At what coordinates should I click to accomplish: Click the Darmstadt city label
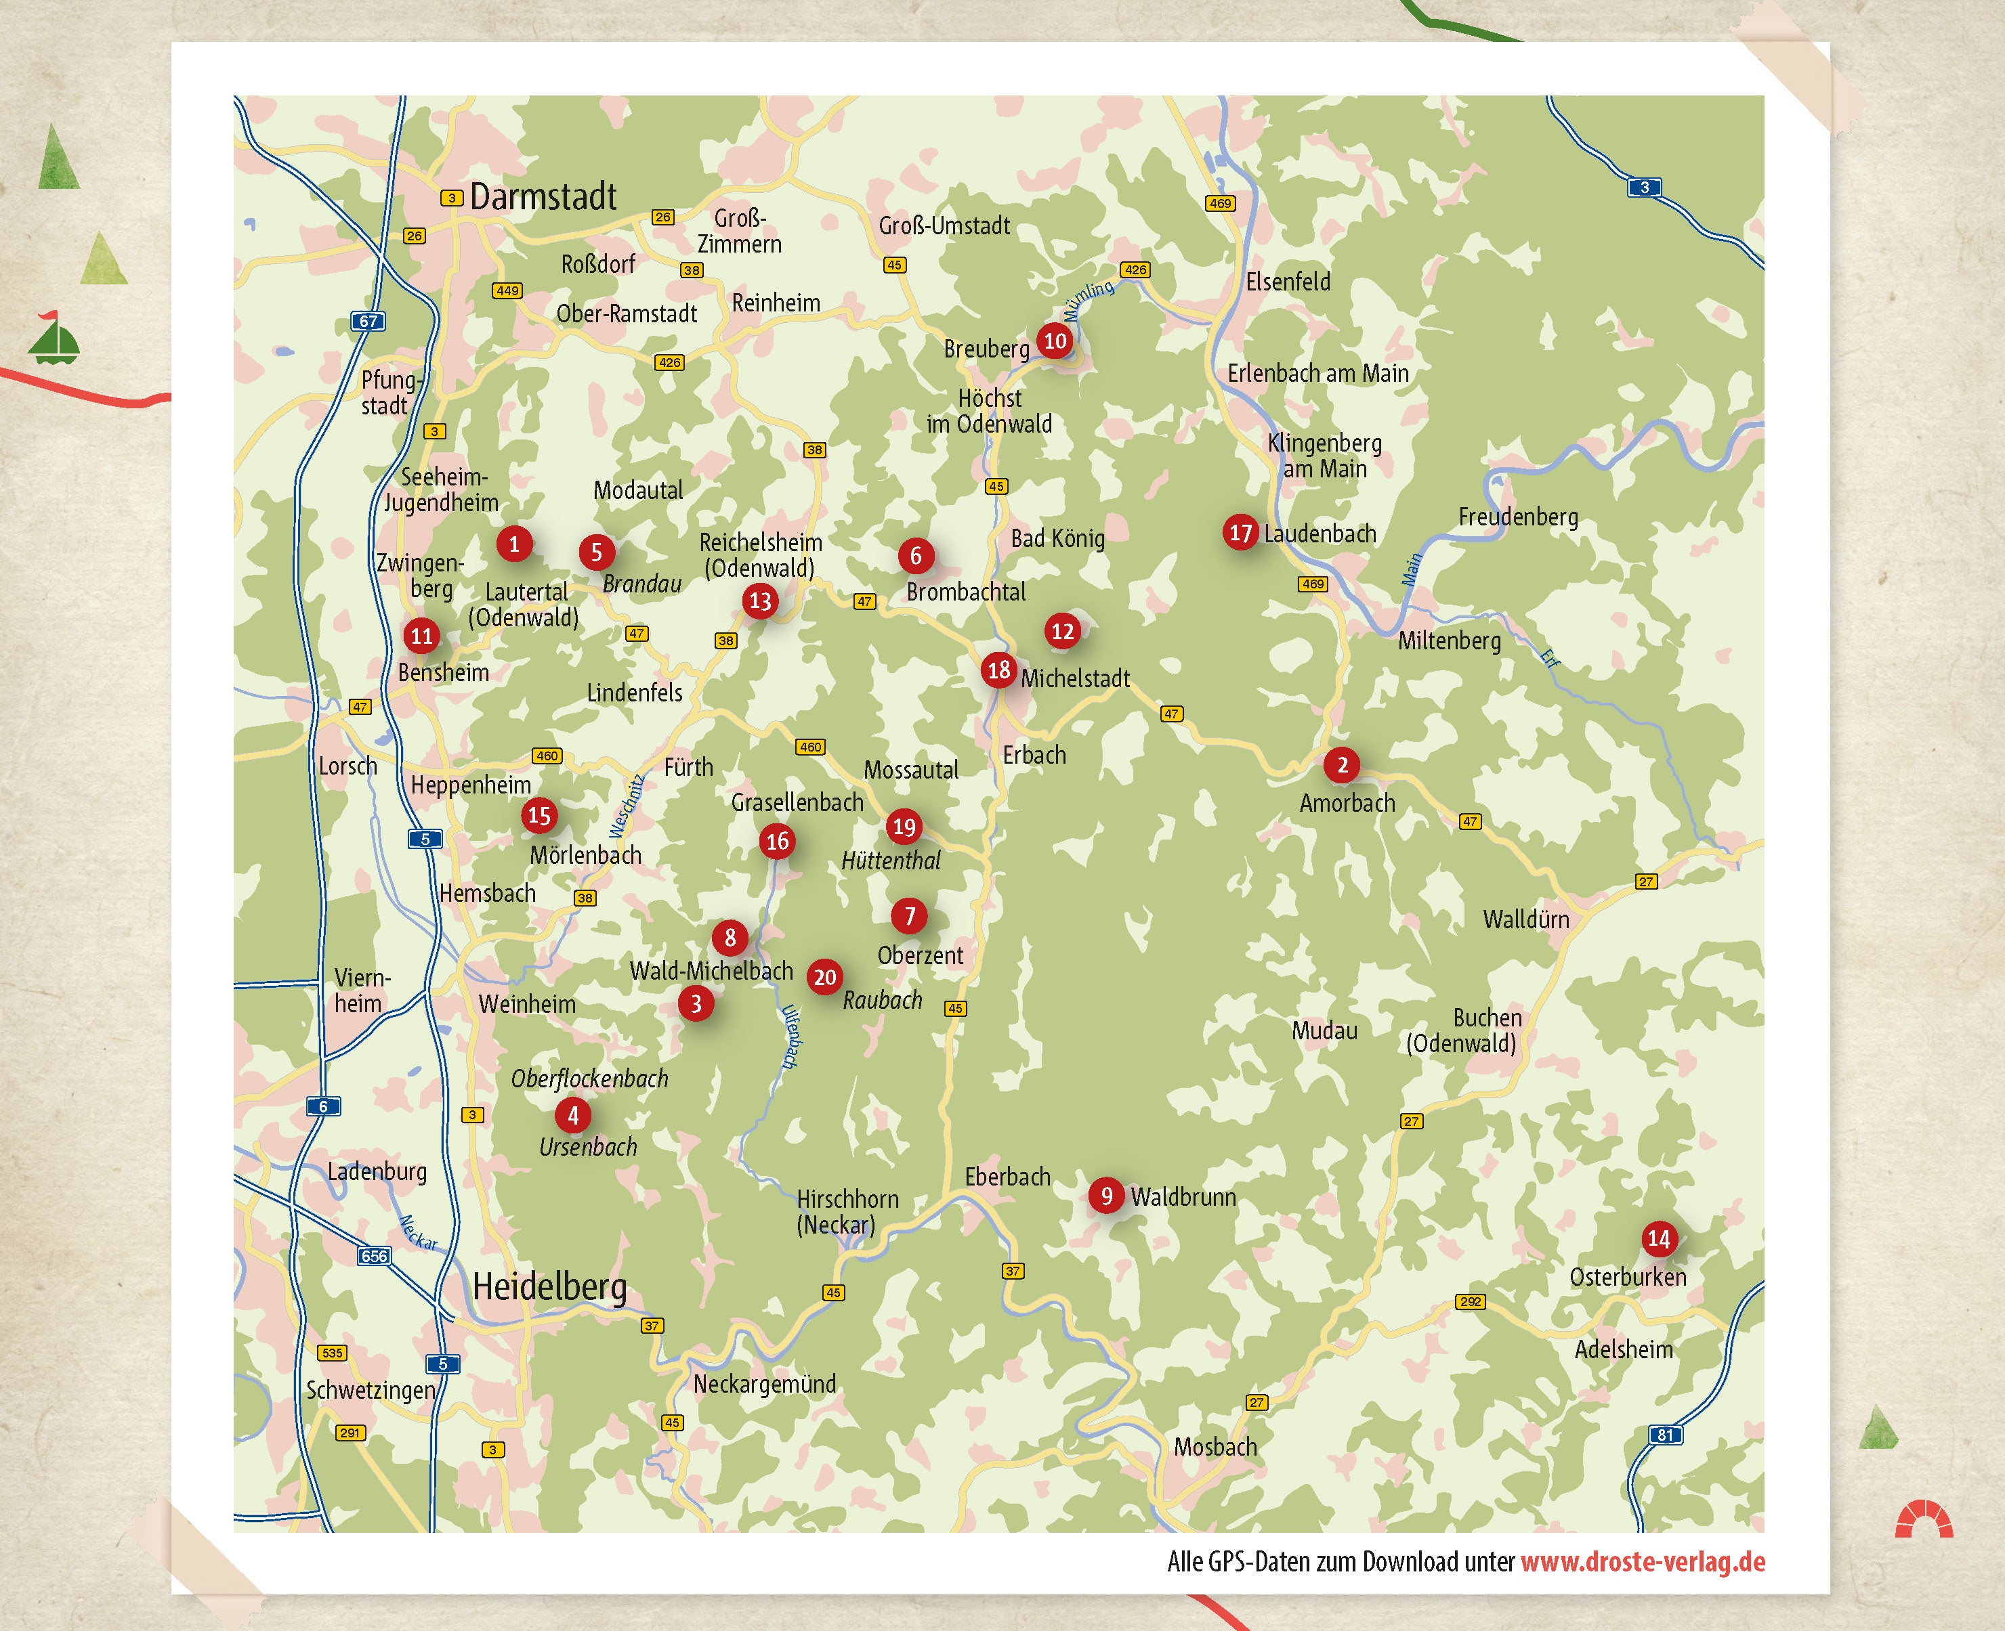tap(543, 197)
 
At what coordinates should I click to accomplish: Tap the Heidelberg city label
tap(550, 1286)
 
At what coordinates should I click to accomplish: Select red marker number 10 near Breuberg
tap(1055, 340)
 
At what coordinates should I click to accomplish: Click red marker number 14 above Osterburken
tap(1658, 1238)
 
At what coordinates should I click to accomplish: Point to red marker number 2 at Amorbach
tap(1341, 765)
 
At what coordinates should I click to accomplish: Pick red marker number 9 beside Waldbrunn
tap(1106, 1195)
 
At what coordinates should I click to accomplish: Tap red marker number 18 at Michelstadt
tap(998, 670)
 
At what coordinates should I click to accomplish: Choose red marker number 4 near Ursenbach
tap(572, 1115)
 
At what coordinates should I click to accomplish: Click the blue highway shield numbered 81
tap(1665, 1435)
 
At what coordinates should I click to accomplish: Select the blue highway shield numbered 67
tap(368, 322)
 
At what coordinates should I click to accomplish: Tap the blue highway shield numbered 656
tap(374, 1255)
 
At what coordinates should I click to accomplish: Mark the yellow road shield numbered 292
tap(1470, 1301)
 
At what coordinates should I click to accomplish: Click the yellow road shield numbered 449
tap(507, 290)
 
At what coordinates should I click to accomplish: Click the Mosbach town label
tap(1215, 1446)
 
